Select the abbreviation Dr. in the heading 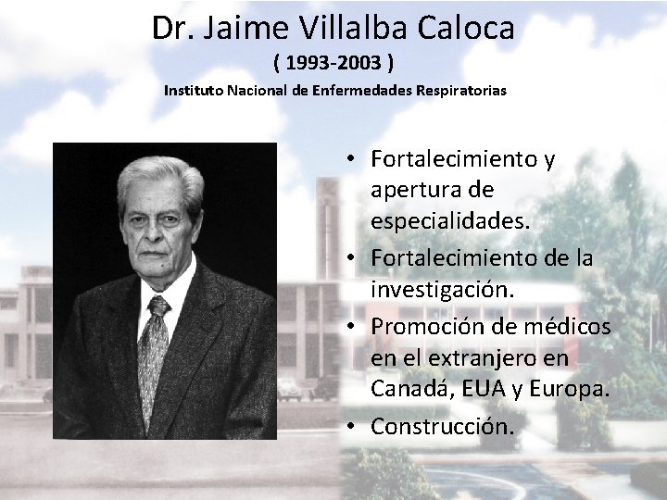[171, 29]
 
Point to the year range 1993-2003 [334, 64]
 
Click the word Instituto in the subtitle [194, 92]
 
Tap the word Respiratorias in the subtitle [460, 92]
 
